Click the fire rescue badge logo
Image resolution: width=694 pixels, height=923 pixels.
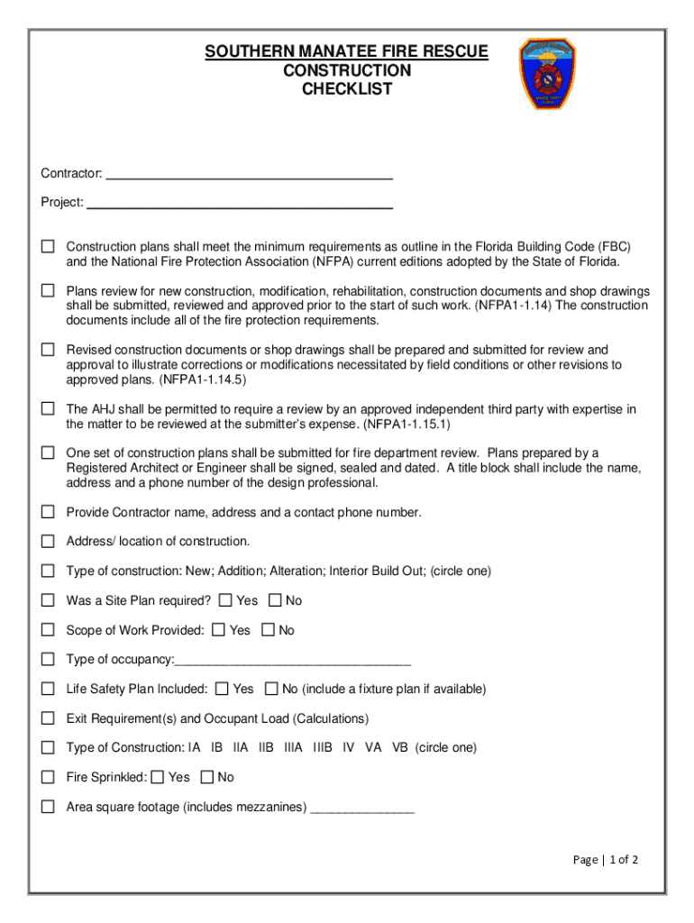click(x=546, y=74)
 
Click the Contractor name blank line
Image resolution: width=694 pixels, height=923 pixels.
click(x=249, y=173)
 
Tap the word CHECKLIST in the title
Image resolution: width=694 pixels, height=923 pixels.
click(x=347, y=89)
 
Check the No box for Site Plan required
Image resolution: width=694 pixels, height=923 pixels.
click(x=276, y=600)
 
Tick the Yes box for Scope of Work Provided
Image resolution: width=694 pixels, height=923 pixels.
click(x=219, y=630)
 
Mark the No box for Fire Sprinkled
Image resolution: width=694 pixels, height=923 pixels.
click(x=207, y=777)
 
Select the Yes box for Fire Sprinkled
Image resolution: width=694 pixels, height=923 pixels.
click(x=158, y=777)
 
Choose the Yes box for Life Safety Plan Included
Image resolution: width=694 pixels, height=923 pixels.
click(x=223, y=689)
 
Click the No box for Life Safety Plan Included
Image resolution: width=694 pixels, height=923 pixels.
click(x=271, y=689)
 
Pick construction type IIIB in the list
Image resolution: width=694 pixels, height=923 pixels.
click(x=323, y=748)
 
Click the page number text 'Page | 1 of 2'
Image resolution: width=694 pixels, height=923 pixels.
click(x=606, y=860)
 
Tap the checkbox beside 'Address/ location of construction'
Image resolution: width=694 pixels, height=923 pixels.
click(x=48, y=542)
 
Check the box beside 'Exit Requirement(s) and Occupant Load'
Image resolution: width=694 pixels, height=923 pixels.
click(x=48, y=718)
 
